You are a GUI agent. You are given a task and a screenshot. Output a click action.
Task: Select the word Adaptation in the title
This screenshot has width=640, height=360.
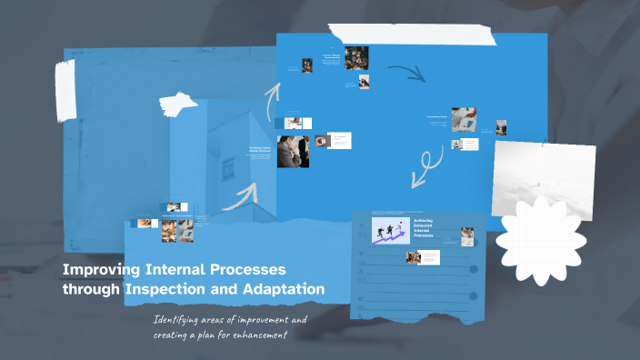coord(284,289)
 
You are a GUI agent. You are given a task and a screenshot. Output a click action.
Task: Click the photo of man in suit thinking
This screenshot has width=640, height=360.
coord(293,151)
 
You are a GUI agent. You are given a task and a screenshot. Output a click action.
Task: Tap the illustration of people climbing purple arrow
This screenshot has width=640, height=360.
coord(388,229)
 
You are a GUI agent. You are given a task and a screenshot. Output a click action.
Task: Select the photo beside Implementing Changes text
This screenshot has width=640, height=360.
coord(465,120)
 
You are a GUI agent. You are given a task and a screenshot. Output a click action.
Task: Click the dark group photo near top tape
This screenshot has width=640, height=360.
coord(355,56)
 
